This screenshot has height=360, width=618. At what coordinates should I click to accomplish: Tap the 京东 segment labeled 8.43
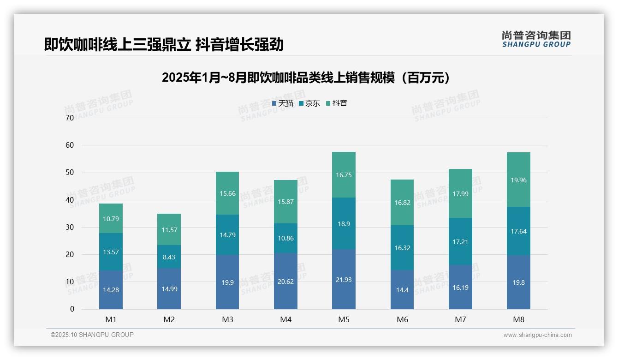(169, 257)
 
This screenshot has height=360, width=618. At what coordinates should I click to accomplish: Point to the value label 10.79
(111, 219)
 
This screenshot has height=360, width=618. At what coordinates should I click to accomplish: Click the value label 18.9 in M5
(344, 223)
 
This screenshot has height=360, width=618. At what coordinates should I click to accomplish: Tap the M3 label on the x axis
(227, 319)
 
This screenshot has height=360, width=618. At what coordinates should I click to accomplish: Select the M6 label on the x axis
(402, 319)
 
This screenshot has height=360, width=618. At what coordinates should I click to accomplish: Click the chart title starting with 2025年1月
(306, 78)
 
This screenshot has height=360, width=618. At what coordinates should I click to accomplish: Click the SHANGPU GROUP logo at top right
(536, 39)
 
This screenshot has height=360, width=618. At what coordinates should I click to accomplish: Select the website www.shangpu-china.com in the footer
(537, 335)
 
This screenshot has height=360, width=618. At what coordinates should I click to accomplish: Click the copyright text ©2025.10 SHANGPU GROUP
(92, 335)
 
